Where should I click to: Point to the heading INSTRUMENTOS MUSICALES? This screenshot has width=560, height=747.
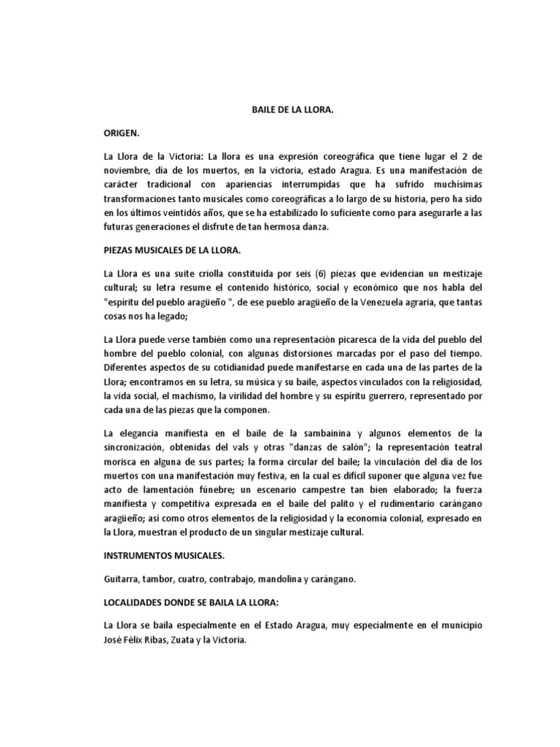(x=164, y=556)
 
